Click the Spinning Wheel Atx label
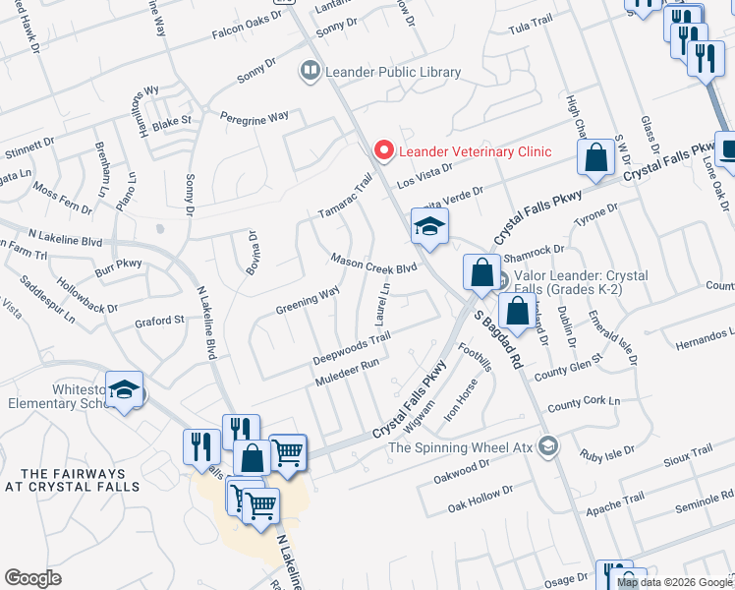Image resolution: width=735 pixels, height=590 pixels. click(460, 447)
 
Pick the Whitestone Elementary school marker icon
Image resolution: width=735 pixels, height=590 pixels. click(125, 392)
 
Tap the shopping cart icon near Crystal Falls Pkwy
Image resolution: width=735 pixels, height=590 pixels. click(287, 452)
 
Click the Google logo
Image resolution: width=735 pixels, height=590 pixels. click(32, 578)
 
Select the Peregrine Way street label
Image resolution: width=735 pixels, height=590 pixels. click(254, 116)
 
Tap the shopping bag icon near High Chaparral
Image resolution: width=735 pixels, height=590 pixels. click(595, 158)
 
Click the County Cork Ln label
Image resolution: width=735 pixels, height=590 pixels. click(584, 403)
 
